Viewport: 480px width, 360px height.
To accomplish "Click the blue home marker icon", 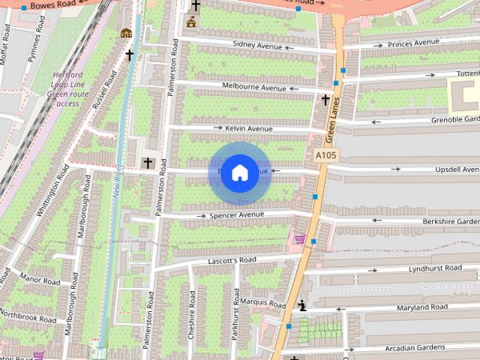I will (239, 173).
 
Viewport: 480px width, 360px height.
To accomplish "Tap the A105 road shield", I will (326, 155).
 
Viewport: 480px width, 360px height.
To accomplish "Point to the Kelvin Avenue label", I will (249, 129).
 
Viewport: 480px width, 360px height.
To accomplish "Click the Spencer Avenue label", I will (237, 215).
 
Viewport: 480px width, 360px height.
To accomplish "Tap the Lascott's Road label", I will (232, 260).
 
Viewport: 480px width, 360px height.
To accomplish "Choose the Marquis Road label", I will (263, 303).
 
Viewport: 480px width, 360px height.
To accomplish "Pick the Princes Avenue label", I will (411, 42).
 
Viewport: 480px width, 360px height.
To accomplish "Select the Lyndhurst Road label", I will (435, 268).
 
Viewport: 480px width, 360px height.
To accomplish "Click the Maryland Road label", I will (423, 307).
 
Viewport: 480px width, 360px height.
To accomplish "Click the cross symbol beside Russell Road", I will (129, 55).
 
